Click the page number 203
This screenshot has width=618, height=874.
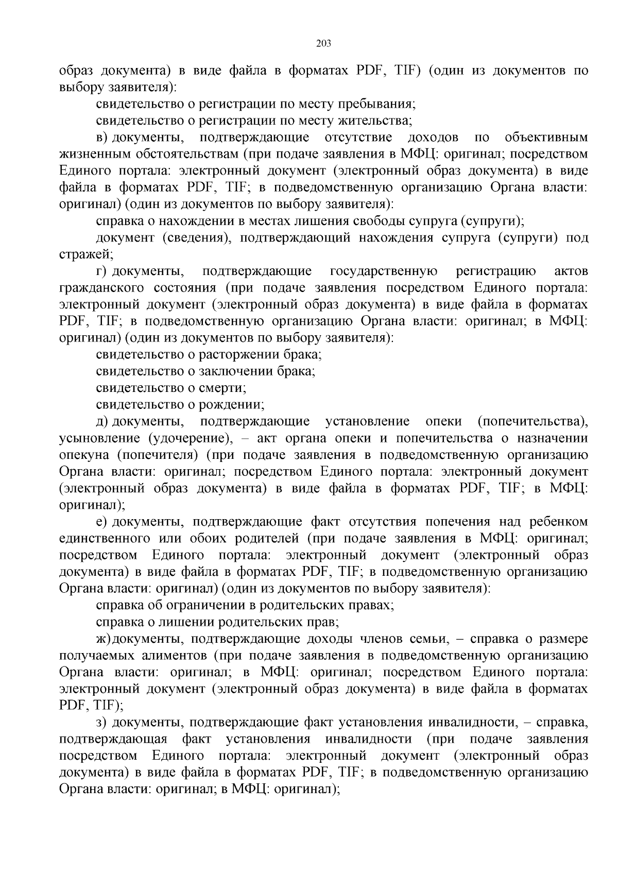323,43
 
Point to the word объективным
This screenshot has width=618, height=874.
546,138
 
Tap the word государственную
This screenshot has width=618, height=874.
383,271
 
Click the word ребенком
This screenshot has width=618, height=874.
558,522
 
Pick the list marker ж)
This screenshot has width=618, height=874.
104,639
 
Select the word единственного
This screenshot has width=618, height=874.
107,539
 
